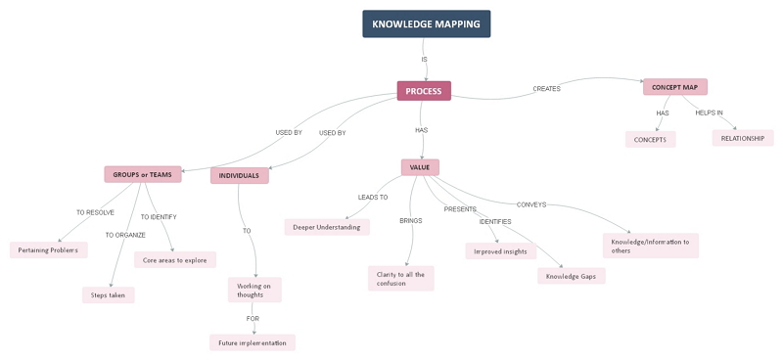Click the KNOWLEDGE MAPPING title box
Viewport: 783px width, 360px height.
tap(426, 24)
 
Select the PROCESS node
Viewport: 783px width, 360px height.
tap(423, 91)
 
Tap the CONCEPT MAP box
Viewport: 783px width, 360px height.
tap(675, 87)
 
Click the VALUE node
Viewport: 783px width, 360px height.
tap(420, 167)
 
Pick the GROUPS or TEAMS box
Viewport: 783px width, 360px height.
tap(143, 174)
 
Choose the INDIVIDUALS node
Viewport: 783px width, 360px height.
tap(239, 176)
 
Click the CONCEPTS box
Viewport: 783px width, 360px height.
tap(650, 139)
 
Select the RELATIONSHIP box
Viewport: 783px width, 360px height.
tap(743, 138)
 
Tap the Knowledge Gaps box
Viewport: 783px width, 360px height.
tap(572, 276)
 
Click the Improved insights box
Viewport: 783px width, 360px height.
tap(500, 250)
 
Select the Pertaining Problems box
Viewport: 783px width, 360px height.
tap(49, 249)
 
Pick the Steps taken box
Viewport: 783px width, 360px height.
tap(108, 294)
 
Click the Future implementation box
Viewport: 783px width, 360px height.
tap(253, 342)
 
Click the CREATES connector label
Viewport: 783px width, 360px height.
tap(546, 89)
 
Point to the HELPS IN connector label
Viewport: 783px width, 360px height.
tap(710, 112)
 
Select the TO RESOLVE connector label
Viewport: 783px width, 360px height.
tap(95, 212)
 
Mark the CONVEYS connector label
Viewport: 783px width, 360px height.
tap(531, 204)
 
